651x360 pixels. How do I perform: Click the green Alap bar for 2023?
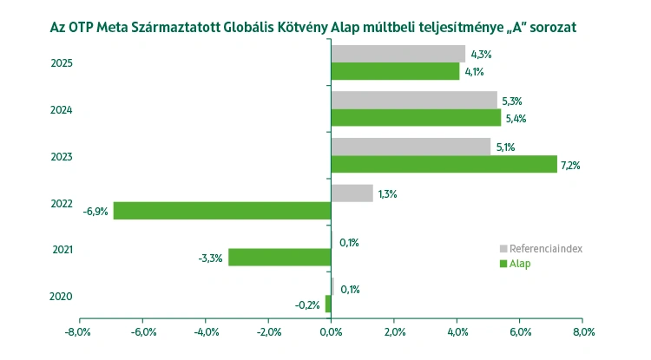(x=444, y=164)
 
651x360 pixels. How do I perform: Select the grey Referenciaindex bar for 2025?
(x=398, y=54)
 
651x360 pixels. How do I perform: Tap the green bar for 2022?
(x=222, y=211)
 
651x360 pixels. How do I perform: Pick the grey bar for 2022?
(x=352, y=193)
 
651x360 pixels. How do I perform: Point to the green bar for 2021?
(x=279, y=258)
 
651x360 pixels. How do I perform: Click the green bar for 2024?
(x=416, y=118)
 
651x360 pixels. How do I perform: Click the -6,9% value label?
(x=95, y=211)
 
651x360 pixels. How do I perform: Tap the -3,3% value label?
(x=210, y=258)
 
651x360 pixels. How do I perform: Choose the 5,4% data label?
(x=516, y=118)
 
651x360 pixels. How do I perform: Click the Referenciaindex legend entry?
(x=545, y=248)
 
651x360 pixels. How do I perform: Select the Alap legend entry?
(x=519, y=263)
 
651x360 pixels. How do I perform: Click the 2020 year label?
(x=62, y=297)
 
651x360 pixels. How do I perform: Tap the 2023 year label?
(x=62, y=156)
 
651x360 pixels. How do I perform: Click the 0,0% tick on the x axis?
(x=331, y=332)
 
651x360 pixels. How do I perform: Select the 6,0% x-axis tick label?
(x=520, y=332)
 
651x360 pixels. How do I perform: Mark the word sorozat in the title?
(x=550, y=27)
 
